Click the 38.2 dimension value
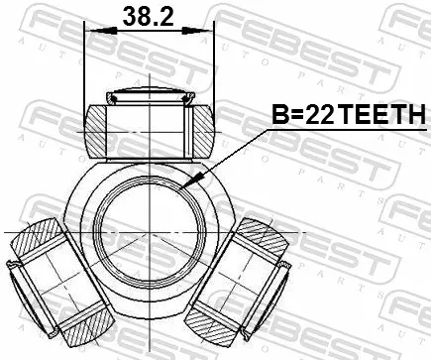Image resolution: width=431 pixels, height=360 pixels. (148, 16)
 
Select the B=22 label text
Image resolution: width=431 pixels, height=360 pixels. (303, 114)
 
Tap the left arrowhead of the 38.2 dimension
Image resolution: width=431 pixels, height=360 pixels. (104, 31)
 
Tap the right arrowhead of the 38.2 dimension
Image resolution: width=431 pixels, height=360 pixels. (196, 31)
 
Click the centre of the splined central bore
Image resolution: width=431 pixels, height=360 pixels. (151, 233)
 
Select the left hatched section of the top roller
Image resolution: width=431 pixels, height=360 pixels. (96, 131)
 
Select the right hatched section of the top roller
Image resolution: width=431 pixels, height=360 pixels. (203, 131)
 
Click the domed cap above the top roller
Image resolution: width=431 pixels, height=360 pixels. (151, 95)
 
